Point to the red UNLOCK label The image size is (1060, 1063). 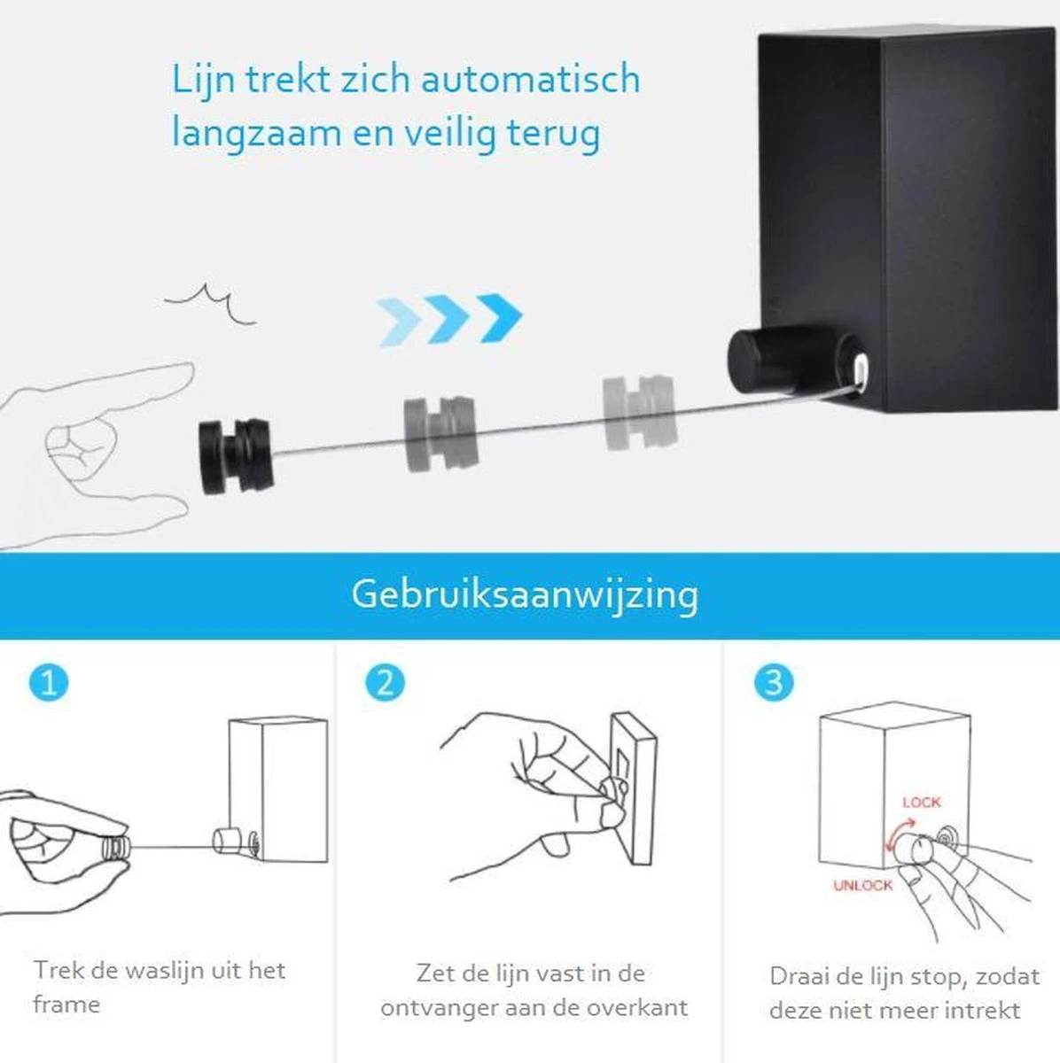[x=863, y=900]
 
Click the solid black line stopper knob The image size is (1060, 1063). [x=236, y=456]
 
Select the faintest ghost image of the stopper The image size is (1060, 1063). [x=640, y=412]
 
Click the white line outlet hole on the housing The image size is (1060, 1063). [x=861, y=371]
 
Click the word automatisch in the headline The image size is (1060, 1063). [x=531, y=78]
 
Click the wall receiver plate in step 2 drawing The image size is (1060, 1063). [x=634, y=790]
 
